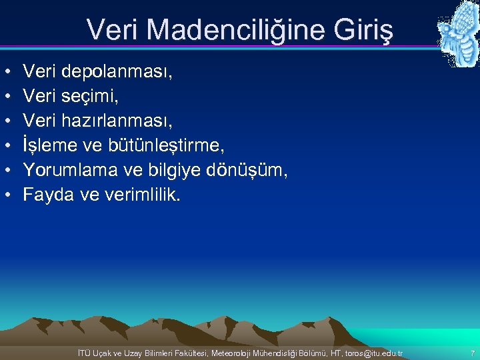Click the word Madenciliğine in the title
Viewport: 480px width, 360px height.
click(x=233, y=29)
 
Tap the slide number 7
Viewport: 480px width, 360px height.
click(x=472, y=353)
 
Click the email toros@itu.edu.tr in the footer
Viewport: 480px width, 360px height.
click(x=369, y=353)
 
